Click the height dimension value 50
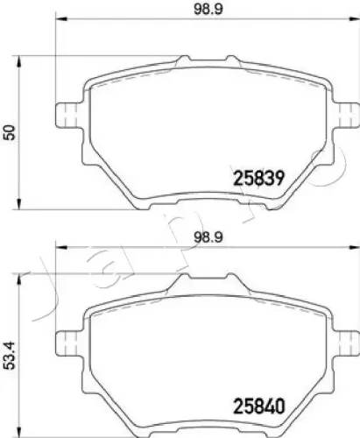pyautogui.click(x=11, y=132)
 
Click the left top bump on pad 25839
pyautogui.click(x=181, y=60)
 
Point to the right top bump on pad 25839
pyautogui.click(x=233, y=60)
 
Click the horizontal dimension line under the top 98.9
pyautogui.click(x=206, y=22)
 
